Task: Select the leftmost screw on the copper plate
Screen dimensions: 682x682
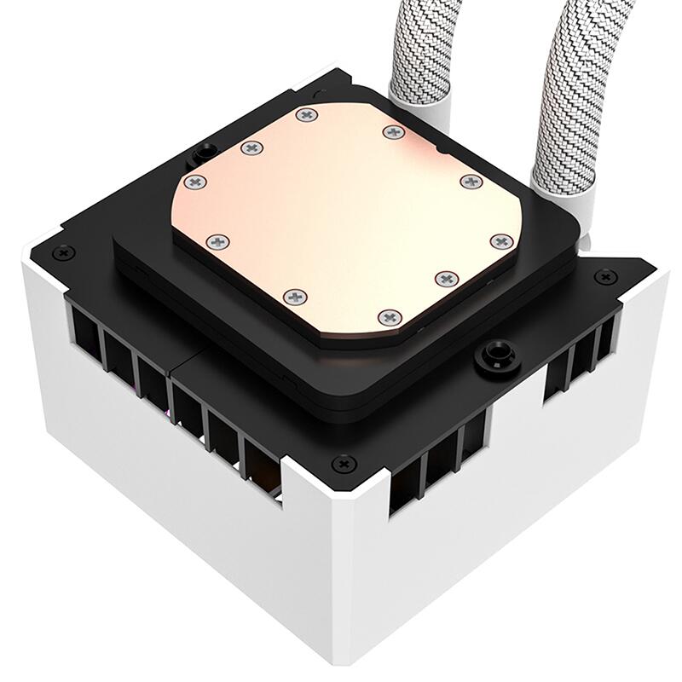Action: [x=194, y=181]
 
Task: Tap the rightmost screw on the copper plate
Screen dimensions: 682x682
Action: [x=500, y=242]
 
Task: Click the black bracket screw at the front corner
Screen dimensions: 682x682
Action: [x=344, y=463]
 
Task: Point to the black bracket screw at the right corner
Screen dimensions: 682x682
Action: [x=607, y=276]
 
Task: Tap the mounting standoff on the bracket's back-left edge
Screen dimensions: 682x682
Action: [x=204, y=152]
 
